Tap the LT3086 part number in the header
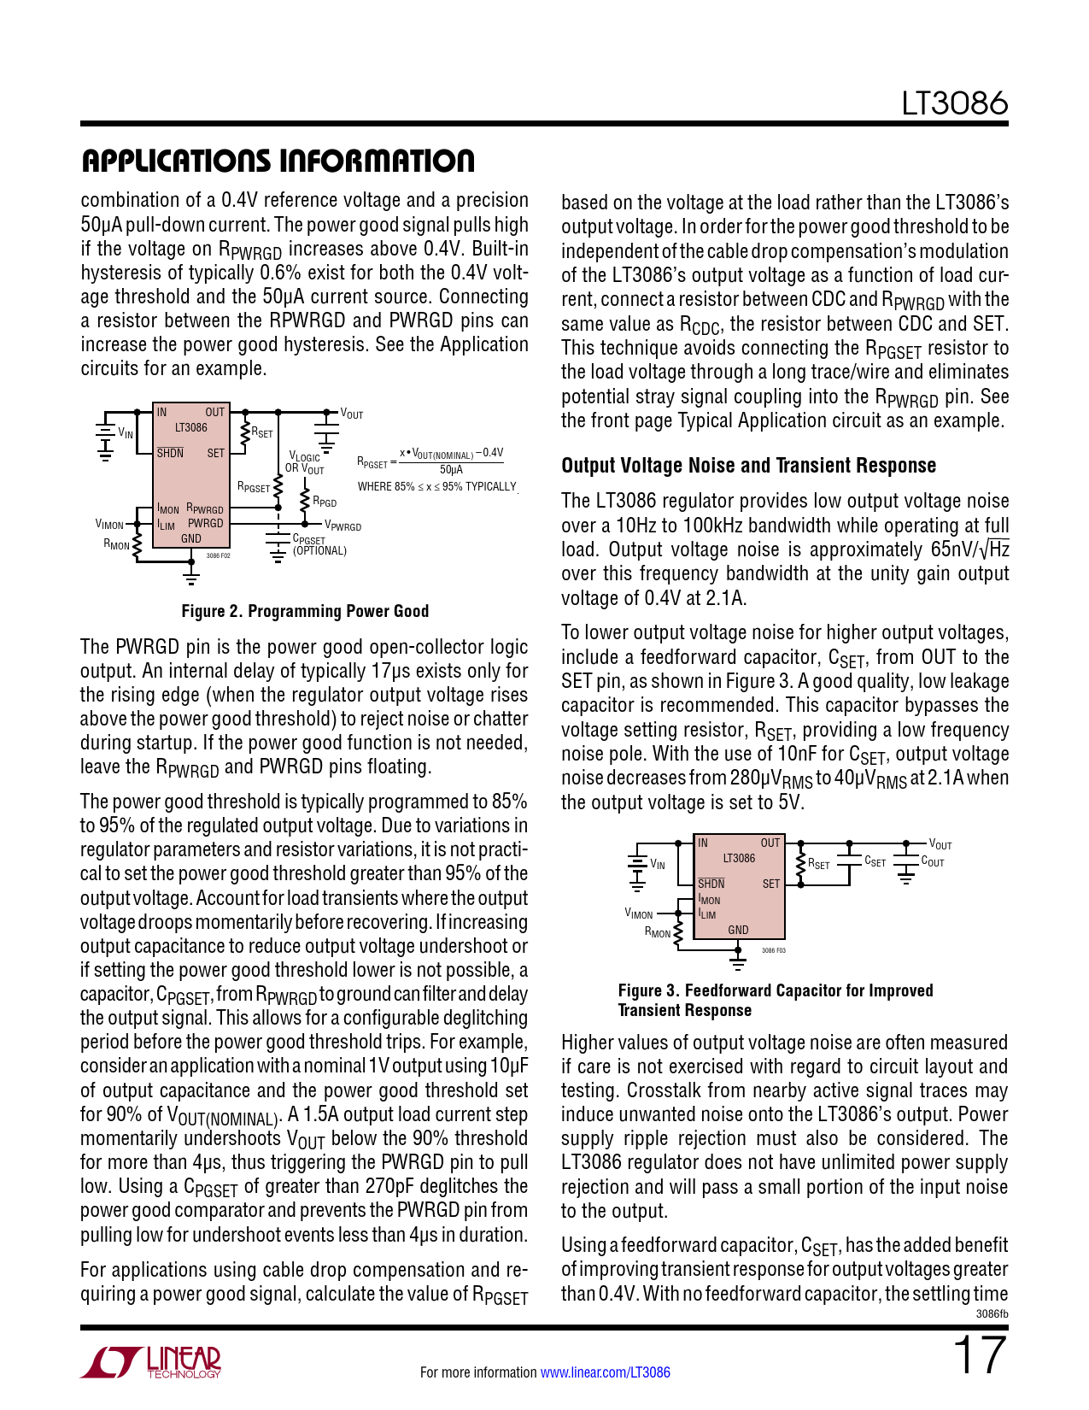pyautogui.click(x=955, y=103)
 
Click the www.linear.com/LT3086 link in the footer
pyautogui.click(x=605, y=1372)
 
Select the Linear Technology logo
pyautogui.click(x=151, y=1362)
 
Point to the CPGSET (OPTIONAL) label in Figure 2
pyautogui.click(x=319, y=545)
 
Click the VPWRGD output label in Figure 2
pyautogui.click(x=343, y=526)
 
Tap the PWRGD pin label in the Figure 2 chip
pyautogui.click(x=205, y=523)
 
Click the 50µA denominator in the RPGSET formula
pyautogui.click(x=451, y=470)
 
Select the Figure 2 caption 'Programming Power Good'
pyautogui.click(x=305, y=611)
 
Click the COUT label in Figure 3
pyautogui.click(x=933, y=862)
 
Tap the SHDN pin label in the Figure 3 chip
pyautogui.click(x=711, y=884)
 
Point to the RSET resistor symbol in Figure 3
pyautogui.click(x=800, y=863)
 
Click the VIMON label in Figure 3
pyautogui.click(x=639, y=914)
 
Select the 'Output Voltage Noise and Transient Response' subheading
pyautogui.click(x=748, y=466)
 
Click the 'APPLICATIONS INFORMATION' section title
pyautogui.click(x=278, y=161)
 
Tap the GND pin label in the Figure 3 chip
pyautogui.click(x=738, y=930)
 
